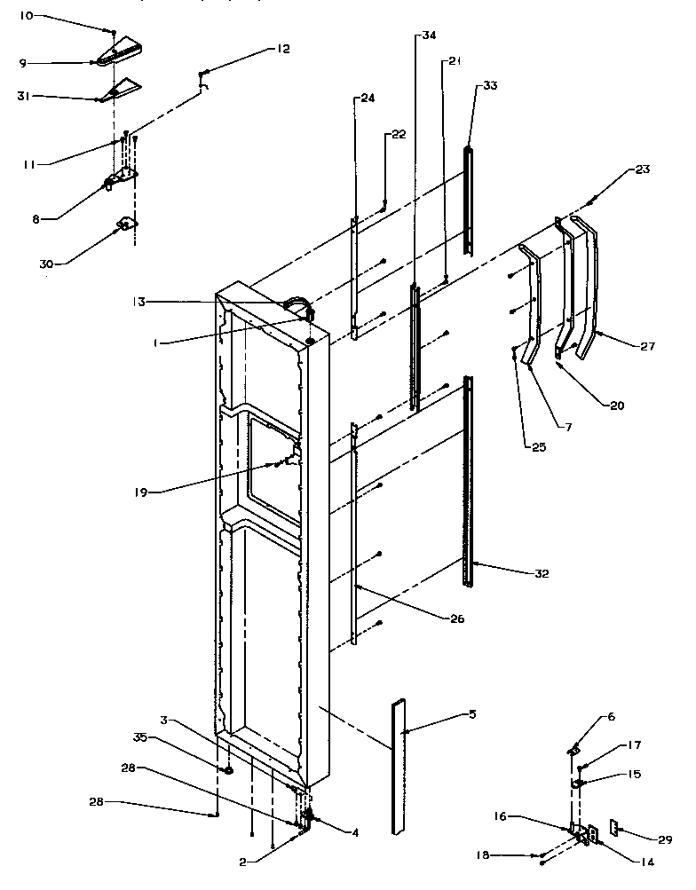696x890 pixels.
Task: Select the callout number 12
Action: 283,49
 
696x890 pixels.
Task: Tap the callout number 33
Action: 490,86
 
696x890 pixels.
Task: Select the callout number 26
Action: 456,618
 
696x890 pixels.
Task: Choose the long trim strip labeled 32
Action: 468,479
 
